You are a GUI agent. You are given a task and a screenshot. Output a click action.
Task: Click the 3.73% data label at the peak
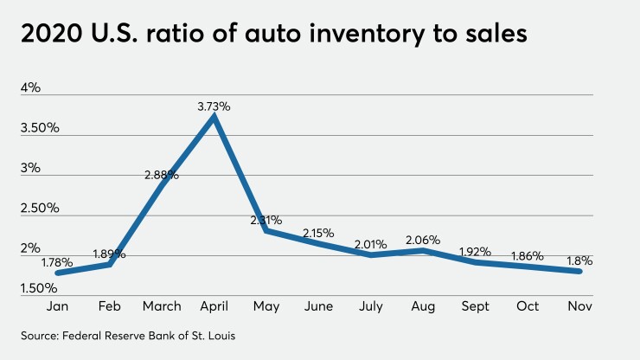click(214, 106)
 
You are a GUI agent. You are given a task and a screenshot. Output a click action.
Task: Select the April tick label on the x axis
click(214, 306)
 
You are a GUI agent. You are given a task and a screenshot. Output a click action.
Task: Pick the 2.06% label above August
click(423, 240)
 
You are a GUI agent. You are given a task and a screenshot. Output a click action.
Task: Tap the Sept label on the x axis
click(475, 306)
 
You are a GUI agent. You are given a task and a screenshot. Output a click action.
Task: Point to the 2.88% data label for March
click(162, 175)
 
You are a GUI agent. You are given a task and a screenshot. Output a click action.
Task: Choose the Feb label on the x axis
click(110, 306)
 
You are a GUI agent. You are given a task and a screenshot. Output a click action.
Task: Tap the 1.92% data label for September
click(475, 251)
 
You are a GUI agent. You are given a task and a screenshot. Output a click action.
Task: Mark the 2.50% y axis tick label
click(40, 208)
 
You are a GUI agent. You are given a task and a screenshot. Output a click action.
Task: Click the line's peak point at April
click(214, 117)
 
